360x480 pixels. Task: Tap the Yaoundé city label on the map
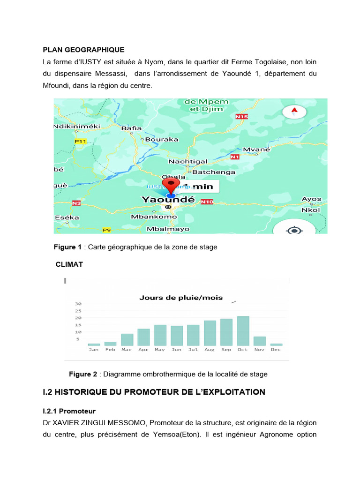[x=168, y=200]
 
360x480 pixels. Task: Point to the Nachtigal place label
[x=187, y=161]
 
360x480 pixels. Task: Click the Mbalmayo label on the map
[x=168, y=229]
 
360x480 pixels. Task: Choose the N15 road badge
[x=241, y=116]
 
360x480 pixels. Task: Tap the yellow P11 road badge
[x=81, y=141]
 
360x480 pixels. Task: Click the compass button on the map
[x=294, y=112]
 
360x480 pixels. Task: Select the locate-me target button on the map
[x=294, y=230]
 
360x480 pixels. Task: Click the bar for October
[x=243, y=331]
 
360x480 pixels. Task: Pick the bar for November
[x=260, y=341]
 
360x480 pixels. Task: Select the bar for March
[x=127, y=339]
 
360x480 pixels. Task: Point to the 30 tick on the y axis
[x=78, y=304]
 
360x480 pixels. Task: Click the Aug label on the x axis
[x=210, y=350]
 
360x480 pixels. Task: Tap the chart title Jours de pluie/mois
[x=181, y=298]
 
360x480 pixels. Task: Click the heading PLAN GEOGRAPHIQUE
[x=83, y=49]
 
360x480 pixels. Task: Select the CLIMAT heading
[x=69, y=264]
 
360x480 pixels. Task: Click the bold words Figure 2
[x=83, y=374]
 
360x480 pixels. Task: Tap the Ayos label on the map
[x=311, y=199]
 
